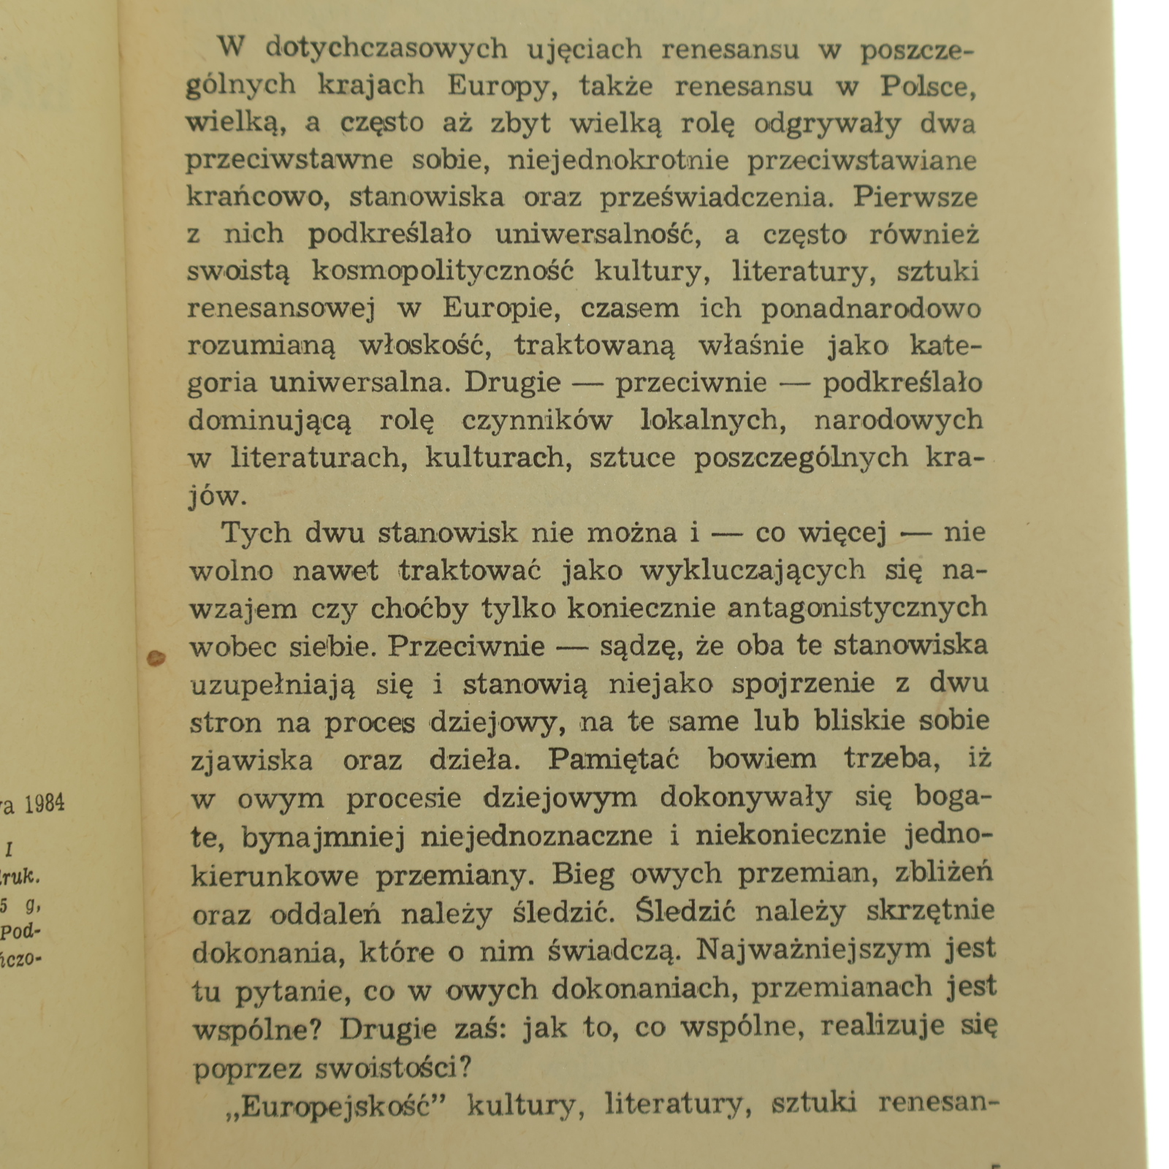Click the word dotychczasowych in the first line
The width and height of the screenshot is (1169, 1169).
point(386,49)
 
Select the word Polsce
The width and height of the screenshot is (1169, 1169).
point(928,86)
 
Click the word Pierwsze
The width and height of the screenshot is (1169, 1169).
point(915,197)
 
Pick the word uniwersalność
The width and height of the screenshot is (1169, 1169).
point(594,235)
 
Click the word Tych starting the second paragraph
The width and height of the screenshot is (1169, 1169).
point(256,533)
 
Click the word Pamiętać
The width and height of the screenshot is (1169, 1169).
point(614,759)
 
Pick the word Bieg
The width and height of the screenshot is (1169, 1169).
point(583,873)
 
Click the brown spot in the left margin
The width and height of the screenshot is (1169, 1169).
point(156,658)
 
